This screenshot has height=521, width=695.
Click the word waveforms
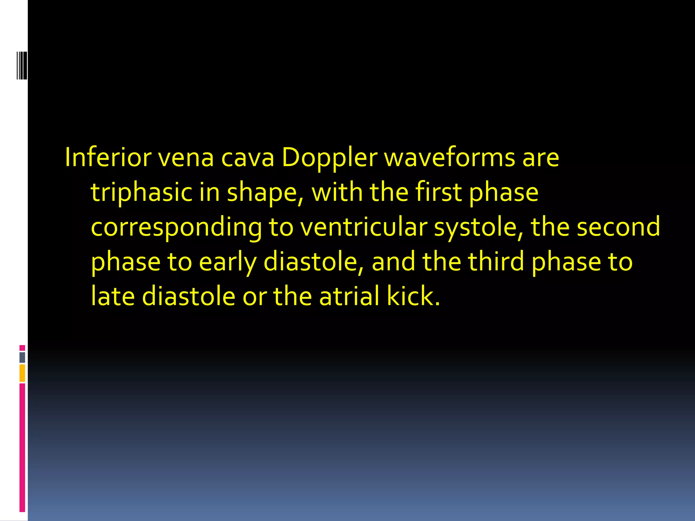(450, 157)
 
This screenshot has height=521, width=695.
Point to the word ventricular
(364, 227)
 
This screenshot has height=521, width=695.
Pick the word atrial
(349, 296)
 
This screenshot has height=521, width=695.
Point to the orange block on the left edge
(22, 373)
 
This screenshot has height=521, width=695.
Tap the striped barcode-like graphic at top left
(22, 65)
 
